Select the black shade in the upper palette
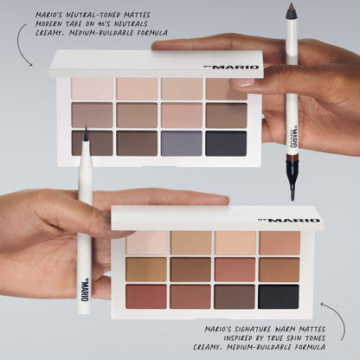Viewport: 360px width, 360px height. (x=226, y=143)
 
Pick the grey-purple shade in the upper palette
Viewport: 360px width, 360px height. (x=181, y=143)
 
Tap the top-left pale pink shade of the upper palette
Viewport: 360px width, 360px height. (x=92, y=88)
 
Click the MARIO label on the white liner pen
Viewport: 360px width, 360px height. (x=85, y=284)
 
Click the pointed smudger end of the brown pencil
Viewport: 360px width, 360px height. (x=293, y=184)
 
